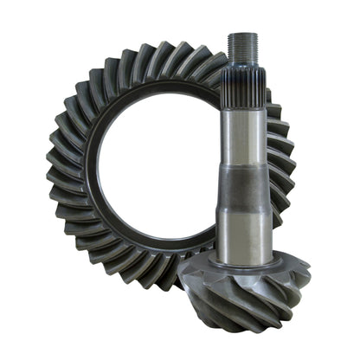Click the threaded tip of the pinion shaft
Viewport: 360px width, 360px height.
(x=241, y=47)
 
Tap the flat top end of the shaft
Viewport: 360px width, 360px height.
(x=241, y=34)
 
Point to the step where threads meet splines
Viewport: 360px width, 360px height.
(x=241, y=62)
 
